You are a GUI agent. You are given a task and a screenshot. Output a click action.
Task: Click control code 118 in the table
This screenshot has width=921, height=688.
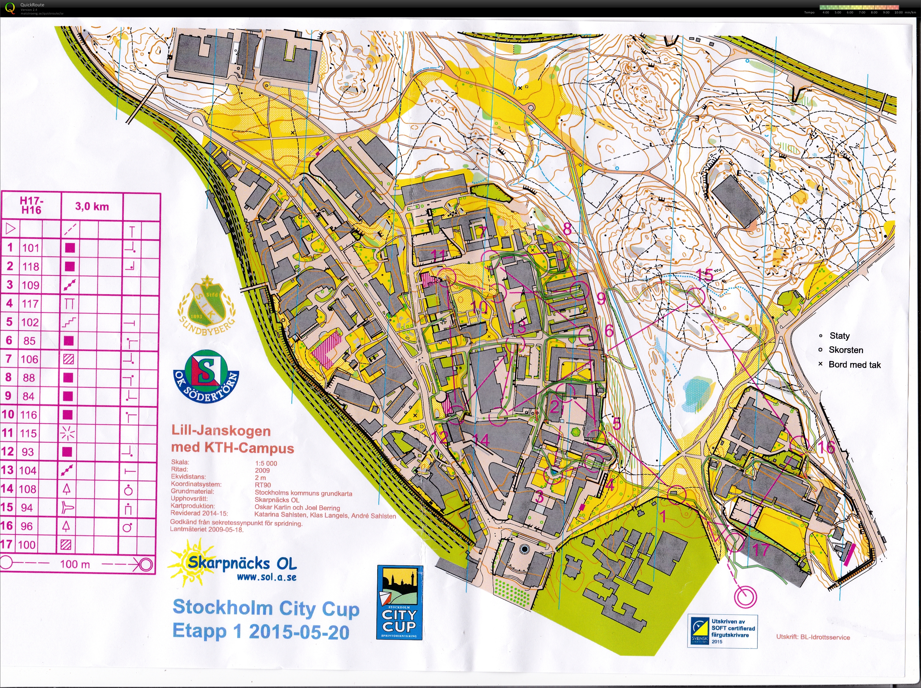pyautogui.click(x=31, y=267)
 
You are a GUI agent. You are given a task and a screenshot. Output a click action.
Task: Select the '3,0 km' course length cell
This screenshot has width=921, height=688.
pyautogui.click(x=92, y=206)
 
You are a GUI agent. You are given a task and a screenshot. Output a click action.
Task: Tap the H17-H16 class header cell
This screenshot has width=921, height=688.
pyautogui.click(x=31, y=206)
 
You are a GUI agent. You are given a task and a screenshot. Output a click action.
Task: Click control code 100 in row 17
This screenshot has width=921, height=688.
pyautogui.click(x=27, y=545)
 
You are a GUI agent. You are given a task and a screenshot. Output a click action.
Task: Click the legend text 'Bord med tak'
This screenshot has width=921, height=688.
pyautogui.click(x=854, y=365)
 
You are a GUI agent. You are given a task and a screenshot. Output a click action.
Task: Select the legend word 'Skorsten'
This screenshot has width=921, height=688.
pyautogui.click(x=846, y=350)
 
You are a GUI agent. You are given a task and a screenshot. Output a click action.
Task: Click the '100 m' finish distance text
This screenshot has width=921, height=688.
pyautogui.click(x=75, y=564)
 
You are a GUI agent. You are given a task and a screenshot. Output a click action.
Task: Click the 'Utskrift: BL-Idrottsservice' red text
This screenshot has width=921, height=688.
pyautogui.click(x=813, y=637)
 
